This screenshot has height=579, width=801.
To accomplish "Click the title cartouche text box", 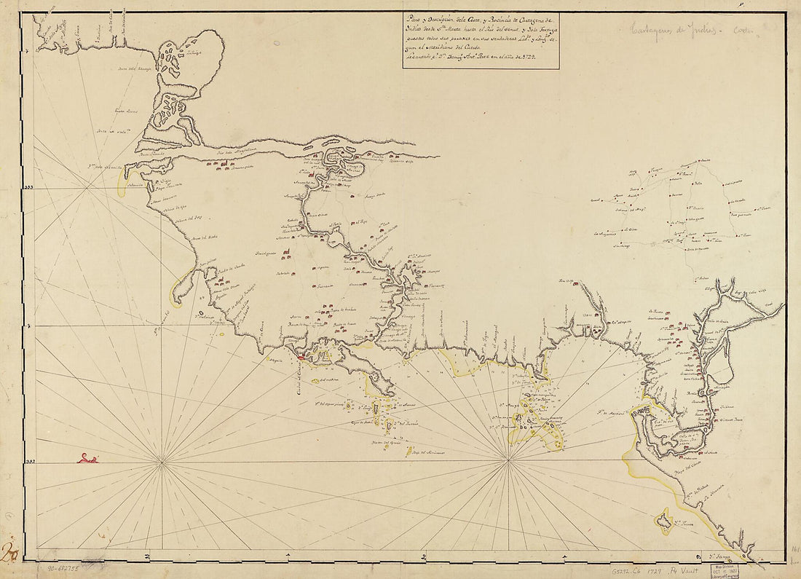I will point(481,42).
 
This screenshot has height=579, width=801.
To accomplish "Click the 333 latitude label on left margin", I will point(29,188).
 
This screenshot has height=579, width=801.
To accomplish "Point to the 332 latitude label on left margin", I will point(29,462).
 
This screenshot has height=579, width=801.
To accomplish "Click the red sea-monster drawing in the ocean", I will point(88,458).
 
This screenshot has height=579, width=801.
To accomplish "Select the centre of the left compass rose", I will point(161,462).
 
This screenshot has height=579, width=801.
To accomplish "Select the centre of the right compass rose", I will point(508,460).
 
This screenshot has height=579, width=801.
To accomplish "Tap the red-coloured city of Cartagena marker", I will point(302,357).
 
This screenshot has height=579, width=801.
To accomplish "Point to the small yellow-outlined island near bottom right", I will point(663,520).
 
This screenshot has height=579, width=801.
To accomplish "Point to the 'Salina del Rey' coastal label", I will point(186,217).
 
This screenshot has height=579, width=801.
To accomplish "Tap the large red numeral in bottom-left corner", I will point(11,554).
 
